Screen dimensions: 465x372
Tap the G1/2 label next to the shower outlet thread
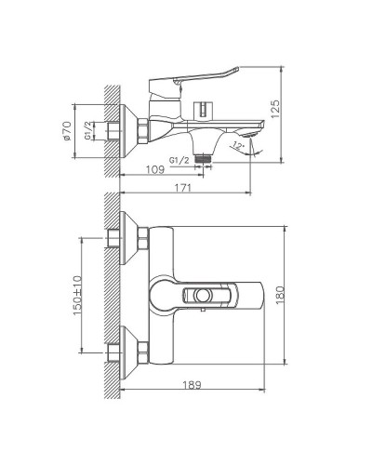click(x=182, y=159)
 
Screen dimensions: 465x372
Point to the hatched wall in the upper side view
click(x=109, y=130)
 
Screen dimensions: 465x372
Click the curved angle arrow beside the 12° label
click(x=255, y=149)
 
